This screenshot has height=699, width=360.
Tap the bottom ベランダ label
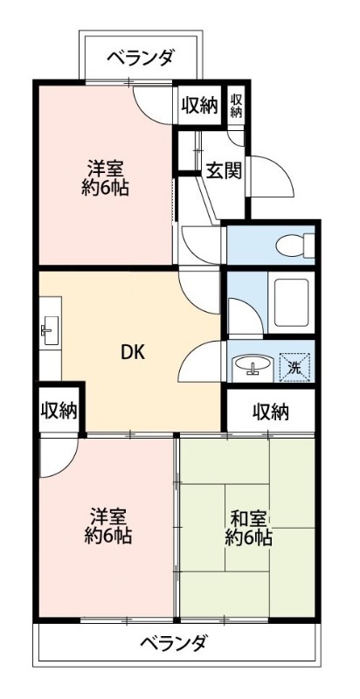pyautogui.click(x=174, y=645)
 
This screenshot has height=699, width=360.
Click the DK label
pyautogui.click(x=132, y=353)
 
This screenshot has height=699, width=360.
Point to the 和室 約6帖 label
pyautogui.click(x=249, y=527)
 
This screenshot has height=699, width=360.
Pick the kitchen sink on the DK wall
pyautogui.click(x=47, y=329)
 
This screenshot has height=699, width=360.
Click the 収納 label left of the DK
pyautogui.click(x=59, y=410)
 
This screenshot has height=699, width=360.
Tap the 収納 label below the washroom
pyautogui.click(x=271, y=411)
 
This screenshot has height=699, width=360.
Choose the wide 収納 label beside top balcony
pyautogui.click(x=199, y=105)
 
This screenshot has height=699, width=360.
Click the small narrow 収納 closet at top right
pyautogui.click(x=236, y=105)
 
